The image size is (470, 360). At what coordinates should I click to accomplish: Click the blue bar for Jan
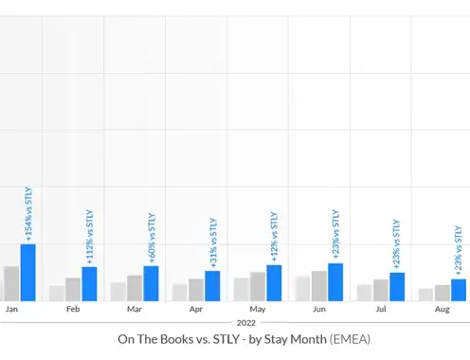click(x=28, y=273)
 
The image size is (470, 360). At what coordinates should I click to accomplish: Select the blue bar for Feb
click(x=89, y=284)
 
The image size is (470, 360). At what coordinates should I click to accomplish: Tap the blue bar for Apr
click(x=212, y=286)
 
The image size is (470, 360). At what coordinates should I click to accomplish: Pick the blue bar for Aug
click(x=459, y=290)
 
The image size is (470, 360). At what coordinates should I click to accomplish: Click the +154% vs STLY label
click(x=28, y=214)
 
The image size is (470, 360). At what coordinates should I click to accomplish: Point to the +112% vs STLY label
click(x=90, y=237)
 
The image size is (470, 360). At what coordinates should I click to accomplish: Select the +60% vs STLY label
click(x=152, y=238)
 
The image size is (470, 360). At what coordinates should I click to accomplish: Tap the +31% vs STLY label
click(x=213, y=243)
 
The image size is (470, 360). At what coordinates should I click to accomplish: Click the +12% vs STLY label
click(x=274, y=237)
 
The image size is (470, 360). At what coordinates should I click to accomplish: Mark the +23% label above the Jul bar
click(x=397, y=244)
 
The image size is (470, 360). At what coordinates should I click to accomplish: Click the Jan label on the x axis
click(x=11, y=309)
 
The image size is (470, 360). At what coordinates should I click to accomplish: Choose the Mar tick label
click(x=135, y=309)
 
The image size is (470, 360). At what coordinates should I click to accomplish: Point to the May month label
click(x=258, y=310)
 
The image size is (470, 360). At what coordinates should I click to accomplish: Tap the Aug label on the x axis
click(x=443, y=310)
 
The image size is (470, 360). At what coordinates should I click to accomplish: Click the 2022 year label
click(x=246, y=323)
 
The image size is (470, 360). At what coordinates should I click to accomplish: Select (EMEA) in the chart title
click(x=350, y=339)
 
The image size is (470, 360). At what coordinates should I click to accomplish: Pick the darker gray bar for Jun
click(x=319, y=286)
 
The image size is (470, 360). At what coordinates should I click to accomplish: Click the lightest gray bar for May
click(x=242, y=290)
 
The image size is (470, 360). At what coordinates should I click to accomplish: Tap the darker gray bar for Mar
click(x=135, y=288)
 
